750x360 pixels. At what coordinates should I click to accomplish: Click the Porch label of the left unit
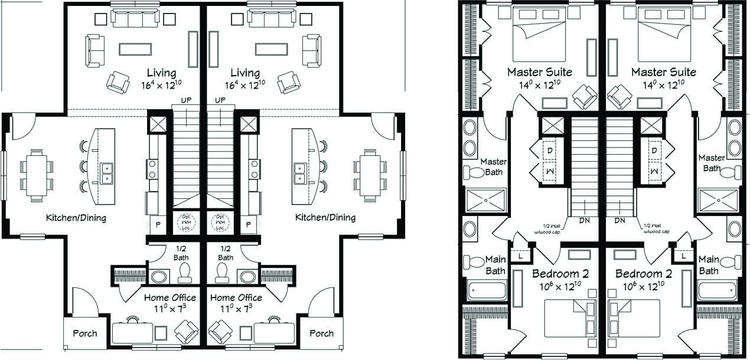click(85, 333)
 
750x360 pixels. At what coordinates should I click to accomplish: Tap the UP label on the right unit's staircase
click(220, 100)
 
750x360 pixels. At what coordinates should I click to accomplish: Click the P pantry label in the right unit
click(249, 224)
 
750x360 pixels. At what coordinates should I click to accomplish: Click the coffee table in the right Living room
click(271, 49)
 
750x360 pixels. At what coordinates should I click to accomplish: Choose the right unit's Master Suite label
click(663, 72)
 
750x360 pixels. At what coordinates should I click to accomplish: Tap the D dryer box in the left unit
click(550, 150)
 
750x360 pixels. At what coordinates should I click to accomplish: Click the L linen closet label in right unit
click(684, 256)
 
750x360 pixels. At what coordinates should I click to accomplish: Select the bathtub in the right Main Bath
click(717, 290)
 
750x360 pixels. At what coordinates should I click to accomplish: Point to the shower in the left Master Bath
click(486, 200)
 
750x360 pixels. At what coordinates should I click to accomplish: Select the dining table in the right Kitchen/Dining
click(370, 175)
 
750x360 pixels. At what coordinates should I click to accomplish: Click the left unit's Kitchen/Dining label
click(76, 218)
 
